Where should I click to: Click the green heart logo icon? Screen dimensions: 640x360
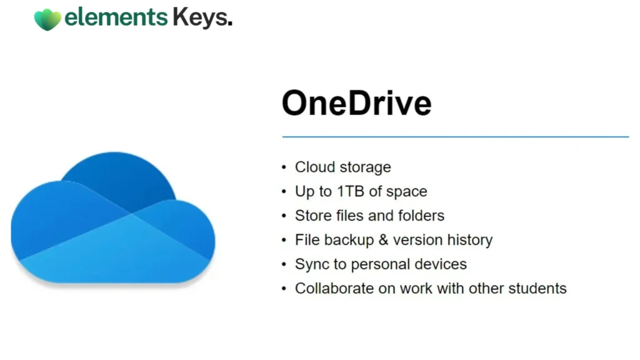point(47,19)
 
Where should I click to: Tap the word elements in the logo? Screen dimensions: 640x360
point(116,17)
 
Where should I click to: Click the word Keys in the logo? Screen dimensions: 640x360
point(202,18)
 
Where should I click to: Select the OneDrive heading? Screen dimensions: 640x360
point(356,103)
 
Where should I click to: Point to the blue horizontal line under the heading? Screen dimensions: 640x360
point(456,137)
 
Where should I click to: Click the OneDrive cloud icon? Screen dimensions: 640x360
point(113,217)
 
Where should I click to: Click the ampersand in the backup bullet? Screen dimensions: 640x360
point(383,239)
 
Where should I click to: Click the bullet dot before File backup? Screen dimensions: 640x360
point(284,241)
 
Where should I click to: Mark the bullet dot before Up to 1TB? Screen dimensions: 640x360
point(284,192)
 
